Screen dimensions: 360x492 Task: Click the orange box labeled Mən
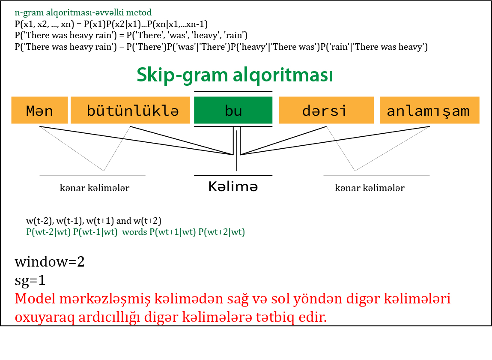(39, 111)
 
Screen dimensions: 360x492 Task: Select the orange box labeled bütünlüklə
(130, 111)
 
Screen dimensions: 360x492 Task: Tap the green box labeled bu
(233, 111)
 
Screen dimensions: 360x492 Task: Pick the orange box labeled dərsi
(326, 111)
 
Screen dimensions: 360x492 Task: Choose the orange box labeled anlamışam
(429, 111)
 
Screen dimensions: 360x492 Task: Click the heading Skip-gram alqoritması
(235, 75)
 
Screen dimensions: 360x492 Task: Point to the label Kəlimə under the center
(233, 187)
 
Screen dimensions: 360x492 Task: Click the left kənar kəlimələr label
(95, 188)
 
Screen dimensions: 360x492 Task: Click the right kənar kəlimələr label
(370, 188)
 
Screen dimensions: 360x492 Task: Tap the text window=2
(50, 262)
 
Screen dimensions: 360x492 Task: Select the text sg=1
(30, 281)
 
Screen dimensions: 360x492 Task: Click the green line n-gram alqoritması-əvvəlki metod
(83, 12)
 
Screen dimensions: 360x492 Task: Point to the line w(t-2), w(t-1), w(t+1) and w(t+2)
(94, 221)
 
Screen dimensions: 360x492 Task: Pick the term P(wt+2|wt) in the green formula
(221, 232)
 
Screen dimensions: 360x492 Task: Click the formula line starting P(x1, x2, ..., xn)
(111, 24)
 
